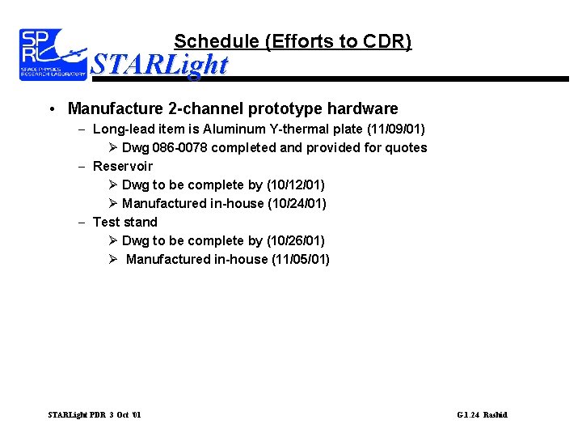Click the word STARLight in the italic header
tap(159, 64)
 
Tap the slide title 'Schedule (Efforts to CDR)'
tap(293, 41)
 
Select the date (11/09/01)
tap(396, 129)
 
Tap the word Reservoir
tap(123, 166)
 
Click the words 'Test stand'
tap(125, 222)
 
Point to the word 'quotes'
tap(407, 147)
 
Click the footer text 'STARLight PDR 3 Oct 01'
tap(95, 415)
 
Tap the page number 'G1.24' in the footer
tap(468, 415)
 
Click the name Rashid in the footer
tap(496, 415)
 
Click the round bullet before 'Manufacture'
tap(51, 109)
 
